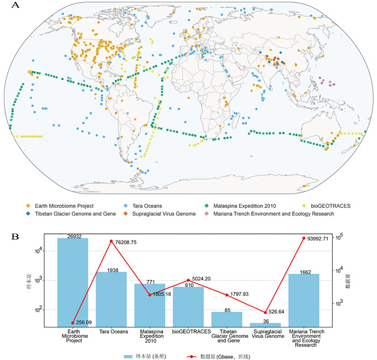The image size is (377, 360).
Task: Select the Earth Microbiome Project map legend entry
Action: coord(59,206)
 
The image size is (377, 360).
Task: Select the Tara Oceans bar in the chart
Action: coord(111,299)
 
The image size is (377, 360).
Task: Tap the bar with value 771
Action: coord(150,305)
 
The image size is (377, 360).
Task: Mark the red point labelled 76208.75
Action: coord(111,241)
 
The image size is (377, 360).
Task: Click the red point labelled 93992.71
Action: coord(304,238)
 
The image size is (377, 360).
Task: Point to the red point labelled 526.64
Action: coord(266,312)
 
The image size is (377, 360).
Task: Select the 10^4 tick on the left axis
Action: coord(33,251)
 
